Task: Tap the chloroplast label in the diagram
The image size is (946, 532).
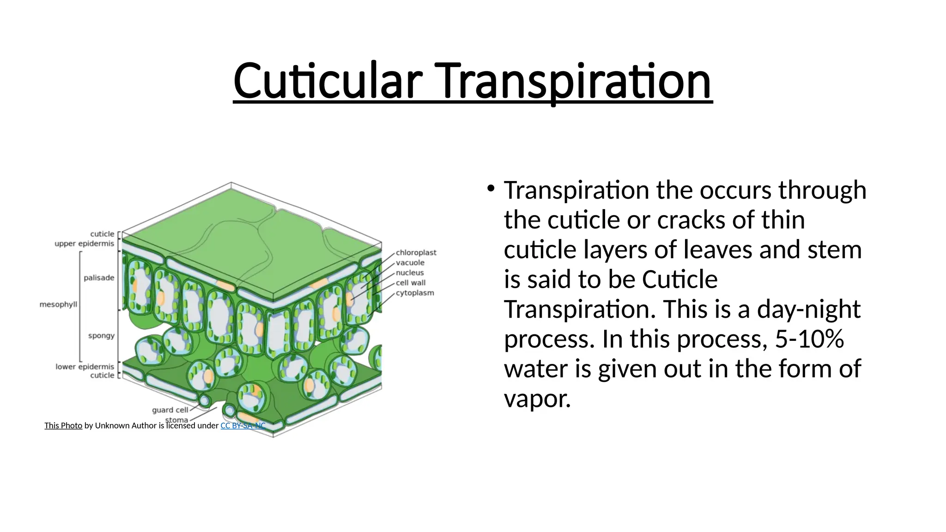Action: [x=416, y=253]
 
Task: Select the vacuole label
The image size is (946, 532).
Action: [x=410, y=263]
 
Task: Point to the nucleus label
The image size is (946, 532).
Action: [x=410, y=273]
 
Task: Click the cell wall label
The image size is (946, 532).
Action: [x=411, y=283]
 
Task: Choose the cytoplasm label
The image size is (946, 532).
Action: [x=415, y=293]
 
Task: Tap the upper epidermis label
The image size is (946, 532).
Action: [x=84, y=243]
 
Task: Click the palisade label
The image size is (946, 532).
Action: [x=99, y=278]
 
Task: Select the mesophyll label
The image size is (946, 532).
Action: [x=58, y=304]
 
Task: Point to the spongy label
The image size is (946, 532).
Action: [x=101, y=335]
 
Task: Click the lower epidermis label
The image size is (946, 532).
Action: [x=85, y=367]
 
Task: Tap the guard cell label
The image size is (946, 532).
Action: [x=170, y=410]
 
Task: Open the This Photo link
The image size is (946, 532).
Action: [x=63, y=426]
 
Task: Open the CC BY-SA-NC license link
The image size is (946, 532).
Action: [x=243, y=426]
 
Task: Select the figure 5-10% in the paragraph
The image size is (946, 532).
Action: [x=809, y=339]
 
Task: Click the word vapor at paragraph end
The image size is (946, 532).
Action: [x=537, y=399]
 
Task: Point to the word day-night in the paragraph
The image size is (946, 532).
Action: [x=808, y=309]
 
